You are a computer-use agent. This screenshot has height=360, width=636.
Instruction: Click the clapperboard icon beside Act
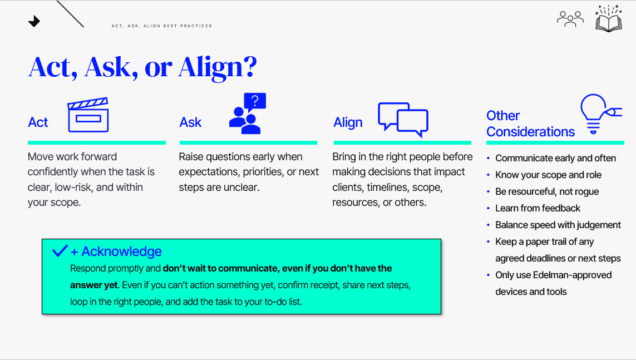click(x=88, y=115)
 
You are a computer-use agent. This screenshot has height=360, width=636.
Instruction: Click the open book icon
click(x=608, y=19)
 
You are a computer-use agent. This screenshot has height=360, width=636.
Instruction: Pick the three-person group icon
click(x=570, y=19)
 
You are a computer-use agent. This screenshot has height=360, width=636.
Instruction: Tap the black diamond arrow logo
click(x=34, y=21)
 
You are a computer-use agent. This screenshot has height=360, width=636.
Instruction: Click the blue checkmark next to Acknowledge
click(x=60, y=250)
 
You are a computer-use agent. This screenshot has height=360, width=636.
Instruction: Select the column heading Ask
click(x=190, y=122)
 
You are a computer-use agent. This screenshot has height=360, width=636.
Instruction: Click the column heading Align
click(x=348, y=122)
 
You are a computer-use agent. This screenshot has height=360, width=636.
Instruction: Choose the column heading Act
click(x=38, y=122)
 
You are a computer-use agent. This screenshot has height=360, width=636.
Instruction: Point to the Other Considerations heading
click(x=530, y=124)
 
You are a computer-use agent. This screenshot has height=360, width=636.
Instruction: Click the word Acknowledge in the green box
click(x=122, y=251)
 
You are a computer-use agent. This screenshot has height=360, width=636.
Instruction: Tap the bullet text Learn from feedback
click(x=538, y=208)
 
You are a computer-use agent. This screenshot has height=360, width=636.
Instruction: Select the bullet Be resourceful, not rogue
click(x=547, y=191)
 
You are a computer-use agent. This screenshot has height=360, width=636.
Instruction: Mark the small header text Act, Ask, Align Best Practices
click(x=162, y=26)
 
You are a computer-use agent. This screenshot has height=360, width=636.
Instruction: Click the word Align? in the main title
click(x=218, y=67)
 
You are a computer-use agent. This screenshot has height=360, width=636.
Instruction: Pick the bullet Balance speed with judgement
click(x=558, y=225)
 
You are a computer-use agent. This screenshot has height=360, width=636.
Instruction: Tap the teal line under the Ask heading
click(x=248, y=142)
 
